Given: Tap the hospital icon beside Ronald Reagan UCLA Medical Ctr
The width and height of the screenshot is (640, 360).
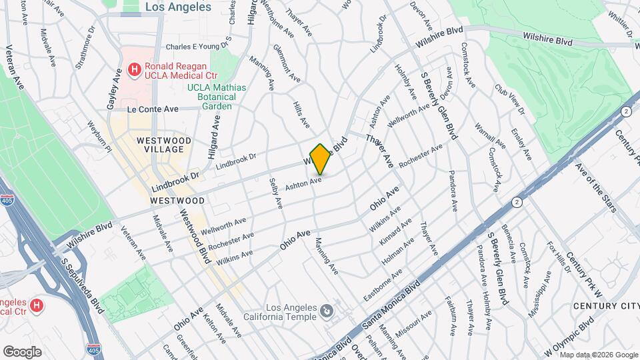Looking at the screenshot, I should (x=134, y=69).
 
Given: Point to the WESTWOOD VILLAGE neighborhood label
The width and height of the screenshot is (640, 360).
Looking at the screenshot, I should (x=164, y=145).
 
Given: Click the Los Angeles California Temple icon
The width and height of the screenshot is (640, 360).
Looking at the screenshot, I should (x=327, y=311).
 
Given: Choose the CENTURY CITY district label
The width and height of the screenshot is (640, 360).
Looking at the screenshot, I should (x=604, y=306).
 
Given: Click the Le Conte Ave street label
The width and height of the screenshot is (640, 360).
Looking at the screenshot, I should (x=153, y=109).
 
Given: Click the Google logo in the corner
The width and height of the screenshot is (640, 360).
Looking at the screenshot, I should (x=22, y=351).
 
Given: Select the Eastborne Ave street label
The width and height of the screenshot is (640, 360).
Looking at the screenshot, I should (x=383, y=284).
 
